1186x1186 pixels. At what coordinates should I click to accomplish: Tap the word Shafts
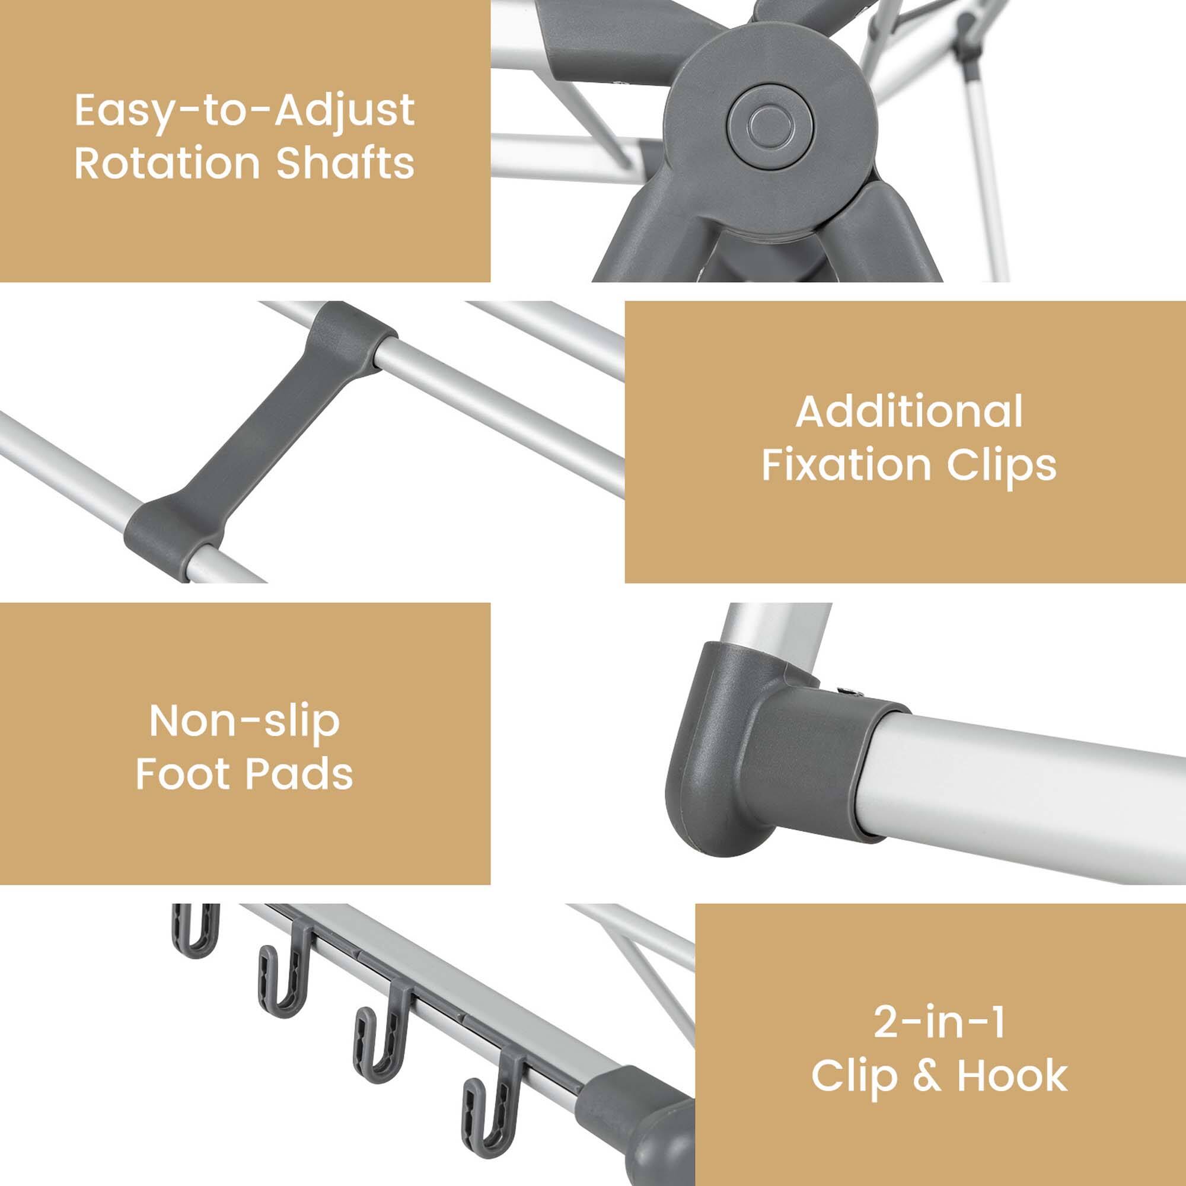[x=345, y=163]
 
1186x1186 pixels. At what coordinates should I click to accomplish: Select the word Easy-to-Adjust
[x=244, y=111]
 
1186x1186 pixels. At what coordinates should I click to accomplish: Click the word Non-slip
[x=244, y=721]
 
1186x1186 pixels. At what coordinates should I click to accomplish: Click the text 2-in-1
[x=940, y=1022]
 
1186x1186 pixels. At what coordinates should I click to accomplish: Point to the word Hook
[x=1012, y=1076]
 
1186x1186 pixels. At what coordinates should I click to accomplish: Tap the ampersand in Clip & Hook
[x=926, y=1076]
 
